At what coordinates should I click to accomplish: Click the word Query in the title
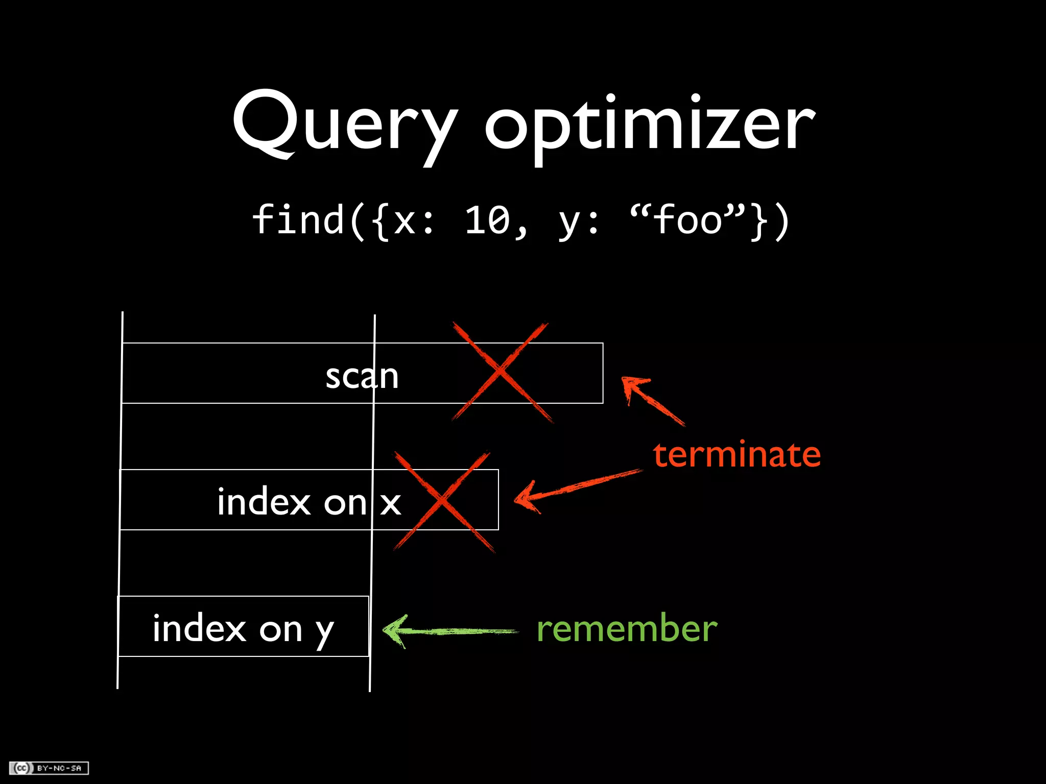[344, 125]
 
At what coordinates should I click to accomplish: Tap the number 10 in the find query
[488, 220]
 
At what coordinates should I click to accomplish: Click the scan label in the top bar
[362, 376]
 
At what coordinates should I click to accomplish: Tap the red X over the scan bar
[501, 372]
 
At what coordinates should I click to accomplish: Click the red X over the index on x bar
[442, 501]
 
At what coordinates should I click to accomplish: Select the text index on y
[243, 628]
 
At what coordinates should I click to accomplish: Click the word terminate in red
[736, 454]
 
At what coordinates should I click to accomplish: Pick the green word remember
[627, 628]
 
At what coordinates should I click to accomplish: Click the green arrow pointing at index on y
[449, 631]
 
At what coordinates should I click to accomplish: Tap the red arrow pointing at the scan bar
[651, 400]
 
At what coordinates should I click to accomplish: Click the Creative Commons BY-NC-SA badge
[49, 768]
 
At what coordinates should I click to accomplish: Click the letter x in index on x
[391, 503]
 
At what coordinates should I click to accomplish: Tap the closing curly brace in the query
[759, 220]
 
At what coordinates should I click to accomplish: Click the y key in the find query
[567, 223]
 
